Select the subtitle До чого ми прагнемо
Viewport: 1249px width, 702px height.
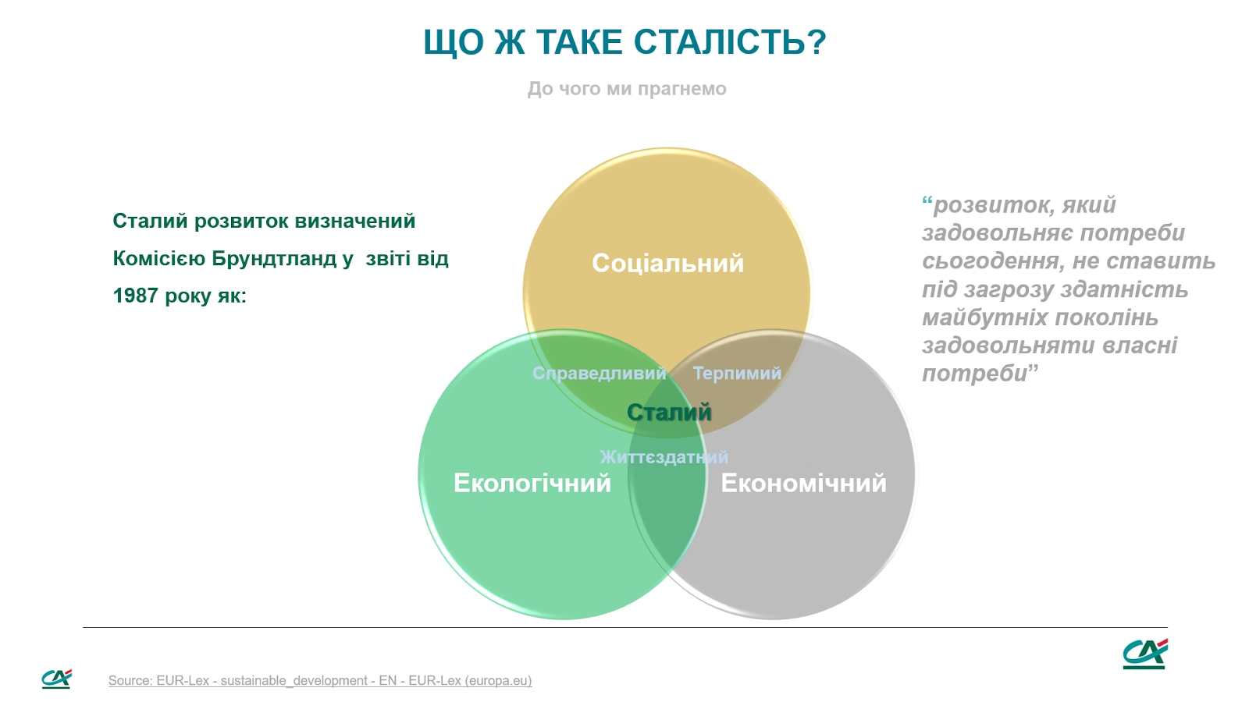(627, 89)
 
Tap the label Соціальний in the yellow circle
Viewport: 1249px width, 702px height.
(667, 263)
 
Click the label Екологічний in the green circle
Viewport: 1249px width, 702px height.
(532, 483)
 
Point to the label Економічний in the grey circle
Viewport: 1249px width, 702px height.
(803, 483)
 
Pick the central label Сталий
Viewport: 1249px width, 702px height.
(669, 413)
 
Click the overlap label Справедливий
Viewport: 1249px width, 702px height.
(600, 373)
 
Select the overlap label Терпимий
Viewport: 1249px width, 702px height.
(737, 373)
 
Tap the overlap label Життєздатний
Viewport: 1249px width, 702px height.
(664, 457)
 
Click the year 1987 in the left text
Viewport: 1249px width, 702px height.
(136, 296)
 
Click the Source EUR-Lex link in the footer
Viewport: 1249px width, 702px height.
(320, 681)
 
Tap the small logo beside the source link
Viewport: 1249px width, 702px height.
(56, 679)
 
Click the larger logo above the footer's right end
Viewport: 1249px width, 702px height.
(1144, 654)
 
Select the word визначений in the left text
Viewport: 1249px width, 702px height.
(355, 222)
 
